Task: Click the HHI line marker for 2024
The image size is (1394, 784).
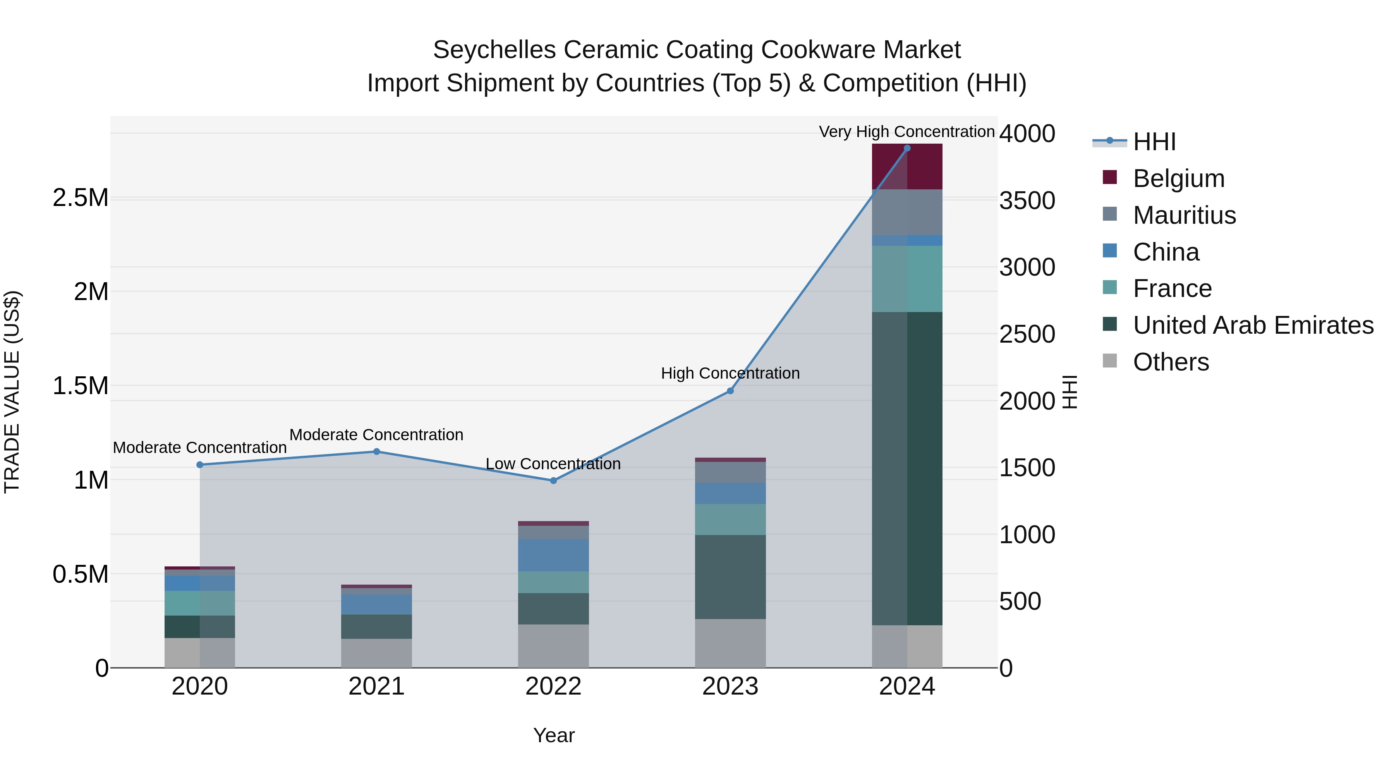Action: (x=907, y=148)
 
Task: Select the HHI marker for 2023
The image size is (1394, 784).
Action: (x=730, y=391)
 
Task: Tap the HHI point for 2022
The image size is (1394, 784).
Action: (x=553, y=480)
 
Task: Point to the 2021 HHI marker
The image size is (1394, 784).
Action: (x=377, y=451)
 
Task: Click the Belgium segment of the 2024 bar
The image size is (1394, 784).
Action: (x=907, y=166)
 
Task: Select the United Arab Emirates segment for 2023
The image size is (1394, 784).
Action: (x=730, y=577)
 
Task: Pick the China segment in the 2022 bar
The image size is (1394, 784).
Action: (x=553, y=555)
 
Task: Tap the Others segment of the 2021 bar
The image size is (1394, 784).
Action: (x=377, y=653)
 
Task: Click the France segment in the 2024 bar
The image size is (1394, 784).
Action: (x=907, y=279)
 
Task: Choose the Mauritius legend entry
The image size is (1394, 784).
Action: (x=1184, y=215)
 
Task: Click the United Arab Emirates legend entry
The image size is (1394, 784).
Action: (x=1253, y=325)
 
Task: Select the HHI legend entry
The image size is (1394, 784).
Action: (x=1154, y=142)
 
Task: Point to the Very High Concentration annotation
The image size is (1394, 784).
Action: (x=906, y=132)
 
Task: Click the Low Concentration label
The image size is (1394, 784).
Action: (x=553, y=464)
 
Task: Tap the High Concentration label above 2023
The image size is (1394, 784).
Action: (x=730, y=373)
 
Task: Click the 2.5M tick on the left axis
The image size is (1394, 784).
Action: (x=81, y=198)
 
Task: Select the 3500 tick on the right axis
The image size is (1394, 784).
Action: (x=1027, y=200)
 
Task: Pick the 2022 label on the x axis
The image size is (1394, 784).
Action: (x=553, y=686)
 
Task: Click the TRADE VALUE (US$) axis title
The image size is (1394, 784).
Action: (x=12, y=392)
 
